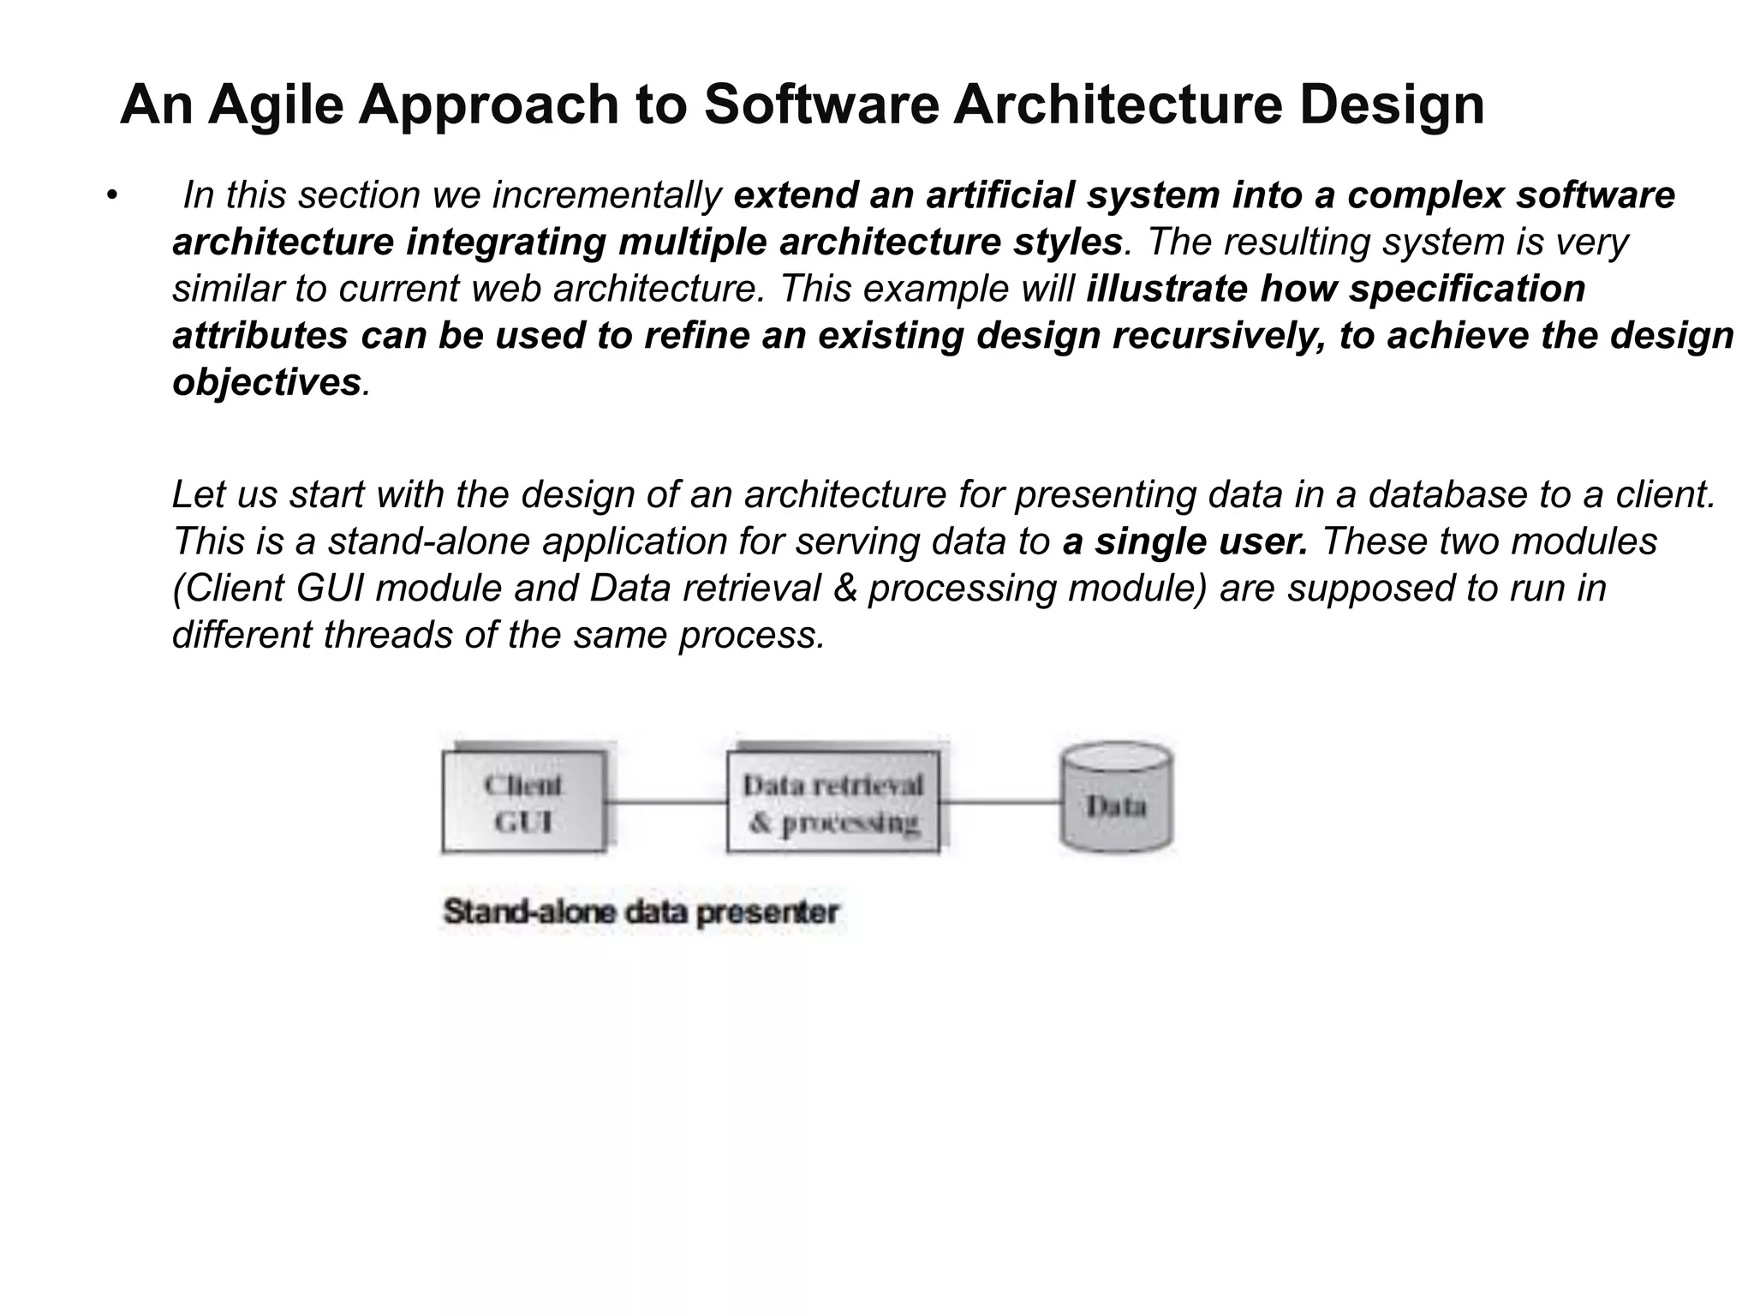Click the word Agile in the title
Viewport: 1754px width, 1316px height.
275,105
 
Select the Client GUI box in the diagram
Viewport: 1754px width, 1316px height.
523,803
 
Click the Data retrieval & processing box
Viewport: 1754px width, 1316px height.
832,803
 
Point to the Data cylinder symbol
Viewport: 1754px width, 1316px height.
1116,799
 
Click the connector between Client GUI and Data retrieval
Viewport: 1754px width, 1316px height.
667,803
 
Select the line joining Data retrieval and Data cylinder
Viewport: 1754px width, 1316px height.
1000,803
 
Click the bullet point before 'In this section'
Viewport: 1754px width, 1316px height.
110,196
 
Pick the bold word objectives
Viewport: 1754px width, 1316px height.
266,382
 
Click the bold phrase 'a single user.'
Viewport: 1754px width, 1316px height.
1185,541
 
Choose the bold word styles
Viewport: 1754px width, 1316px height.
1067,242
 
